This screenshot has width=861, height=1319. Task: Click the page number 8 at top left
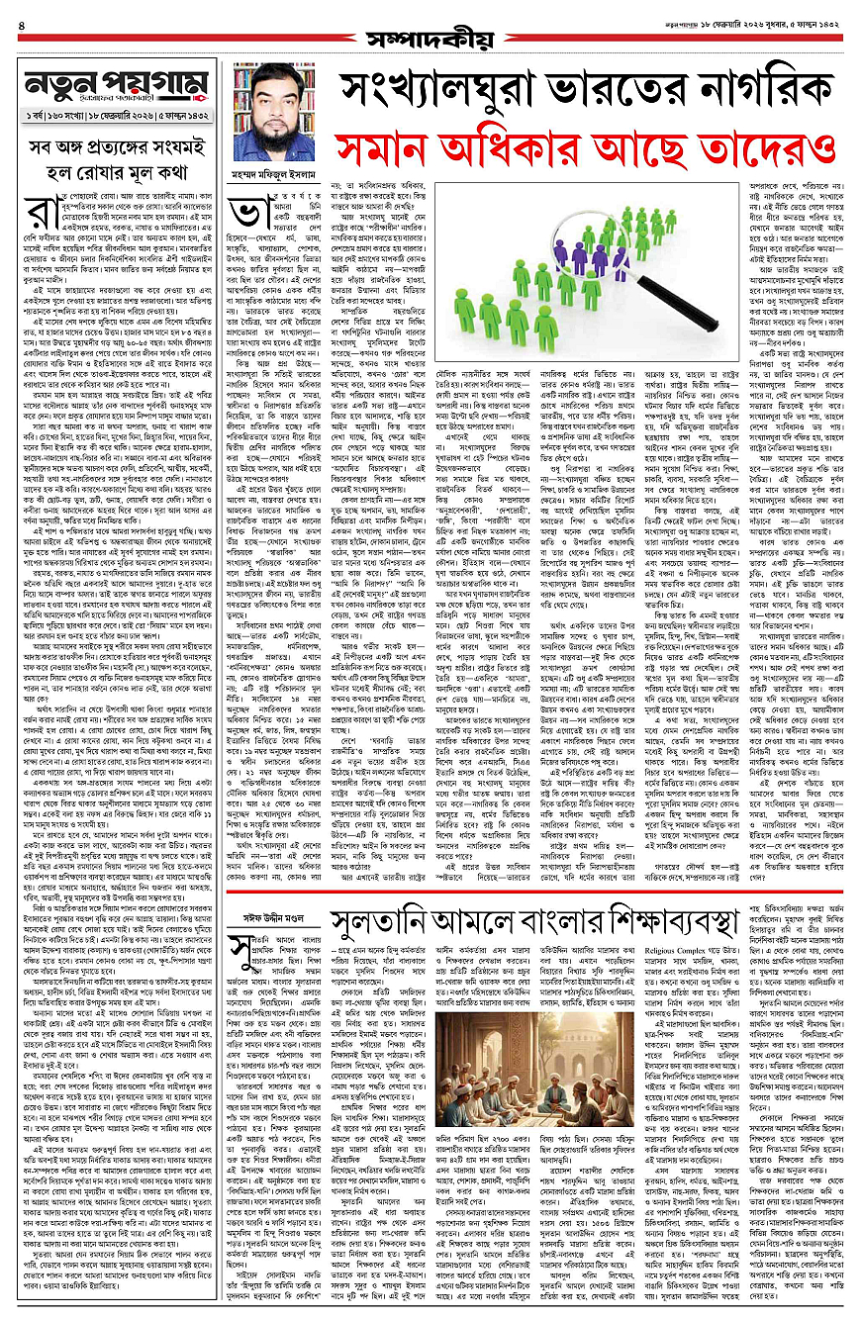[21, 11]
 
